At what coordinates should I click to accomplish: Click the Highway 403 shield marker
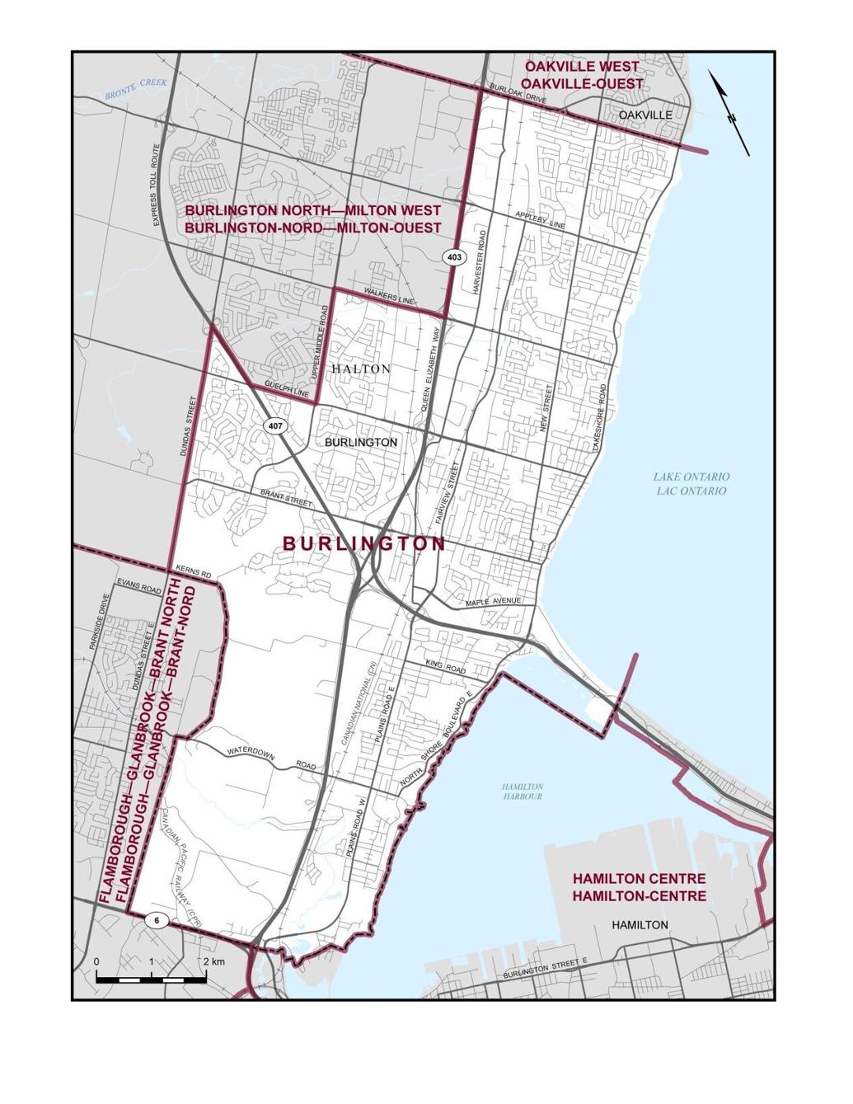[x=453, y=257]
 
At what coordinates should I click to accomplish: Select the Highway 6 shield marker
[x=155, y=919]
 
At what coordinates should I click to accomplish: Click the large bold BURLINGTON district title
[x=363, y=544]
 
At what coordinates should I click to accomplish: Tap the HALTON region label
[x=361, y=369]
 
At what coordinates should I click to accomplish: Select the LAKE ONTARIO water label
[x=691, y=477]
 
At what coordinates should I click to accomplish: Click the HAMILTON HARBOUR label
[x=523, y=792]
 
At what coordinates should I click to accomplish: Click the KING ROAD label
[x=446, y=666]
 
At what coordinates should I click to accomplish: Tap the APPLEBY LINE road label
[x=540, y=220]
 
